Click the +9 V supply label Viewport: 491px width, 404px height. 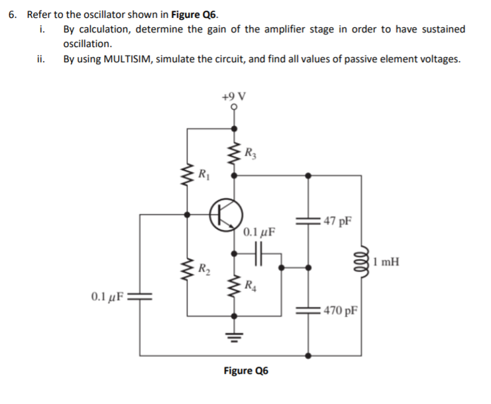point(234,95)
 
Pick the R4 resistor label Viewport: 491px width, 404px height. point(249,286)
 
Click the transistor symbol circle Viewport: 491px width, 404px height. point(224,215)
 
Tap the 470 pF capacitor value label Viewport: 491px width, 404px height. point(341,311)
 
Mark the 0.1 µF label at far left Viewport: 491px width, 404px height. point(106,295)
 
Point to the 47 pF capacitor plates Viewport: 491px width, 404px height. point(307,221)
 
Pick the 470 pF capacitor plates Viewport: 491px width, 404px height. point(307,311)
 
